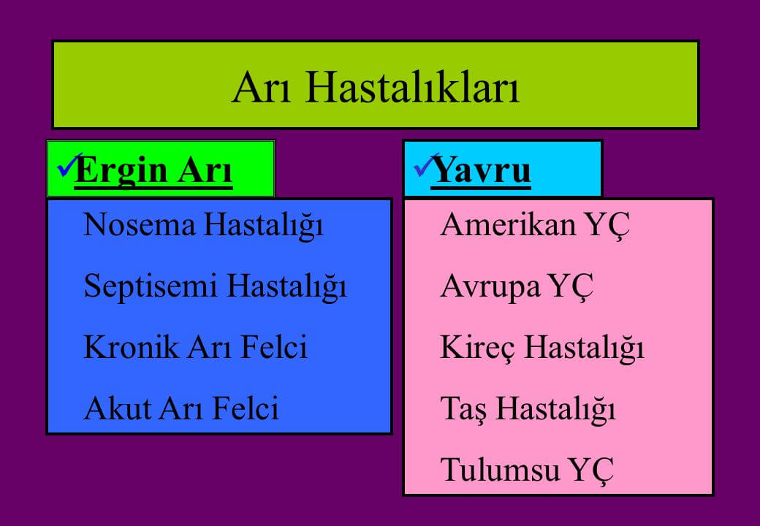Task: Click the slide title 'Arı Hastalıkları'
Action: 376,88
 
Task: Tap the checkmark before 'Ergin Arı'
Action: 69,165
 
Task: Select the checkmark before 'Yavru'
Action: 425,165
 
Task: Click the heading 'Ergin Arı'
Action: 153,170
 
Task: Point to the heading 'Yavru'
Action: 481,170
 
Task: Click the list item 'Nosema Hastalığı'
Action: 204,225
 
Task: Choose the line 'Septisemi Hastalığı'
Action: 215,286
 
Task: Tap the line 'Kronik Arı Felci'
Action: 195,347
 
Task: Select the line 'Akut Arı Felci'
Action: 181,408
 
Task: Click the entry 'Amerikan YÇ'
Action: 535,225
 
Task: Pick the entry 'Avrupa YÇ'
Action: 517,286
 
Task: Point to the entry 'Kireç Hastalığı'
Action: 542,348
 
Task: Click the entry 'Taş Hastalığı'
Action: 528,409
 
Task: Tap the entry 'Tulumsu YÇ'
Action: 527,470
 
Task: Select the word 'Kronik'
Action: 131,347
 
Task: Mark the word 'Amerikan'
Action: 508,225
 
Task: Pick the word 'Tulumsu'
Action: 500,469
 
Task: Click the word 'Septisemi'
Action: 151,286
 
